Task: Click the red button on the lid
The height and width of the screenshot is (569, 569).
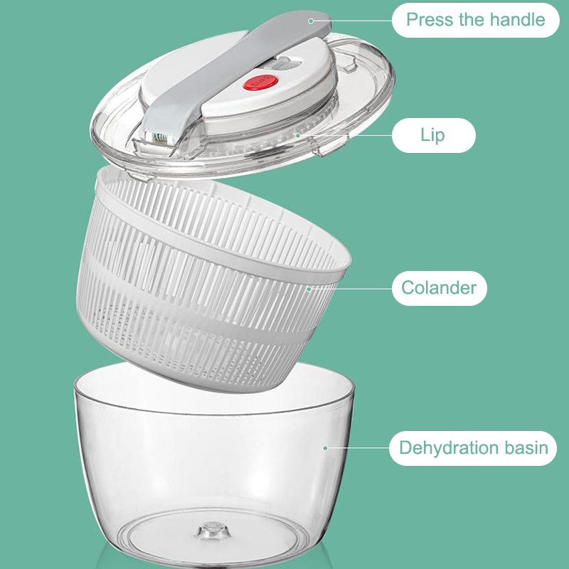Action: coord(260,83)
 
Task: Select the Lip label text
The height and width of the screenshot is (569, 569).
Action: coord(432,135)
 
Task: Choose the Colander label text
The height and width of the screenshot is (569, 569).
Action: coord(439,288)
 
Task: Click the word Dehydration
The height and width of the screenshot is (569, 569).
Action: coord(449,448)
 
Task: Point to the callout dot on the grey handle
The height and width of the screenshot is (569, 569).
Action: coord(311,21)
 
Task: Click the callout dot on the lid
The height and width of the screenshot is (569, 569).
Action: coord(297,135)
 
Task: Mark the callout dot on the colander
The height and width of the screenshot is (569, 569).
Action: coord(309,289)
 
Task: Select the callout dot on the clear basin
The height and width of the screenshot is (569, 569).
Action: coord(325,448)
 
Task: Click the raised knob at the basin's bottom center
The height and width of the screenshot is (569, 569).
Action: coord(213,530)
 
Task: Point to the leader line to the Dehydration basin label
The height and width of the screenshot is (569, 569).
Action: coord(358,448)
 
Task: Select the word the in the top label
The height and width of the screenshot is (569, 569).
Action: coord(472,19)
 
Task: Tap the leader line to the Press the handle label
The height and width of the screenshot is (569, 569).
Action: coord(353,21)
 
